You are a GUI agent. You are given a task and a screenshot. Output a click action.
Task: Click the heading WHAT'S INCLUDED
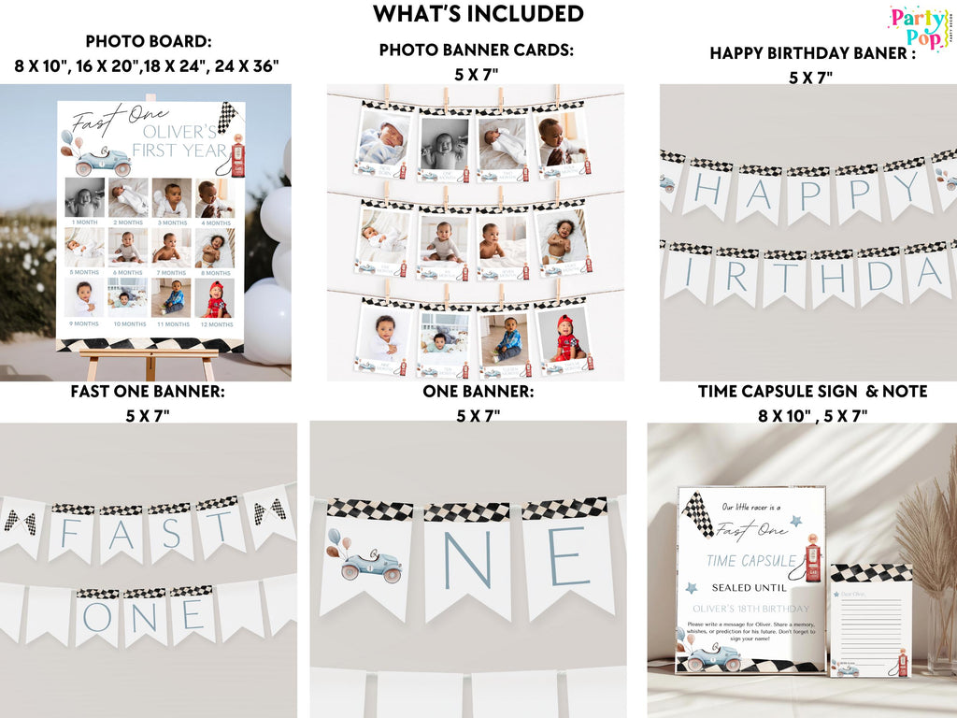pyautogui.click(x=478, y=14)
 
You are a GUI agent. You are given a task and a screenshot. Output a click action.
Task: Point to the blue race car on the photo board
pyautogui.click(x=102, y=162)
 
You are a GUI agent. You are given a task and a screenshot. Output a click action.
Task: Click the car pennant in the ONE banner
pyautogui.click(x=365, y=559)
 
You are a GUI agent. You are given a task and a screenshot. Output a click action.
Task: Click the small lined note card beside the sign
pyautogui.click(x=870, y=622)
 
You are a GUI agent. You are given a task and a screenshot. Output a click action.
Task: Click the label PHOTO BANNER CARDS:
pyautogui.click(x=476, y=50)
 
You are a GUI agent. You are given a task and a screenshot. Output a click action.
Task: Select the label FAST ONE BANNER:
pyautogui.click(x=147, y=392)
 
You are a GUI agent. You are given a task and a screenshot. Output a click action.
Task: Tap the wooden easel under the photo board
pyautogui.click(x=150, y=360)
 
